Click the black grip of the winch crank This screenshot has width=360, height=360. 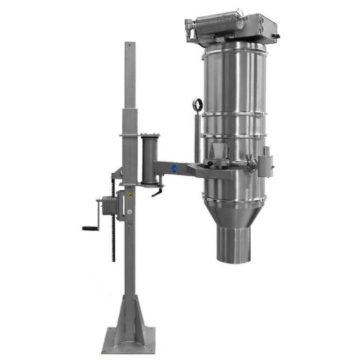[90, 228]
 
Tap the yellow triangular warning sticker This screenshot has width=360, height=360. [129, 194]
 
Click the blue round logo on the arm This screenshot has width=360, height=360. [174, 169]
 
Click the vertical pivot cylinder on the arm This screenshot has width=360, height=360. [150, 159]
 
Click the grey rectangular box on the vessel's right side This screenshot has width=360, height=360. [264, 164]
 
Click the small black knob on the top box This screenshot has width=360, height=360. [277, 35]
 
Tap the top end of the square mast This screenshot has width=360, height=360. [129, 44]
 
